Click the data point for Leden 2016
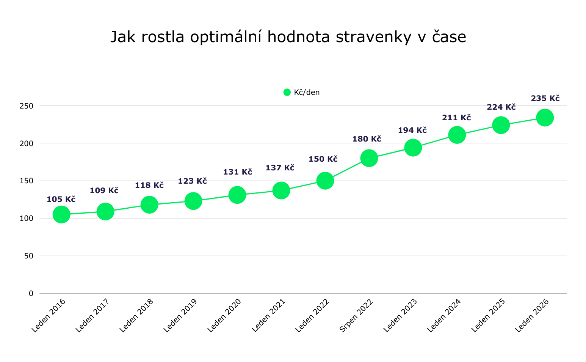61,214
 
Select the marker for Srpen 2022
369,158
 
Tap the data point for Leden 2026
545,118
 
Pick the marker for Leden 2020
237,195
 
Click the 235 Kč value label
545,99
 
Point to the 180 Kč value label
367,139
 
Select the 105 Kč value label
61,199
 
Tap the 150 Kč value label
323,159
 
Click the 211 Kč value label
456,118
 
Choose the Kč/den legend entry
302,92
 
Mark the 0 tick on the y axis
31,293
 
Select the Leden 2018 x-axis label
137,315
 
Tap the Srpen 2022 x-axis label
357,315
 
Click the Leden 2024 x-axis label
444,315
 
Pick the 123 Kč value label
192,181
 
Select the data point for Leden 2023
413,147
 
